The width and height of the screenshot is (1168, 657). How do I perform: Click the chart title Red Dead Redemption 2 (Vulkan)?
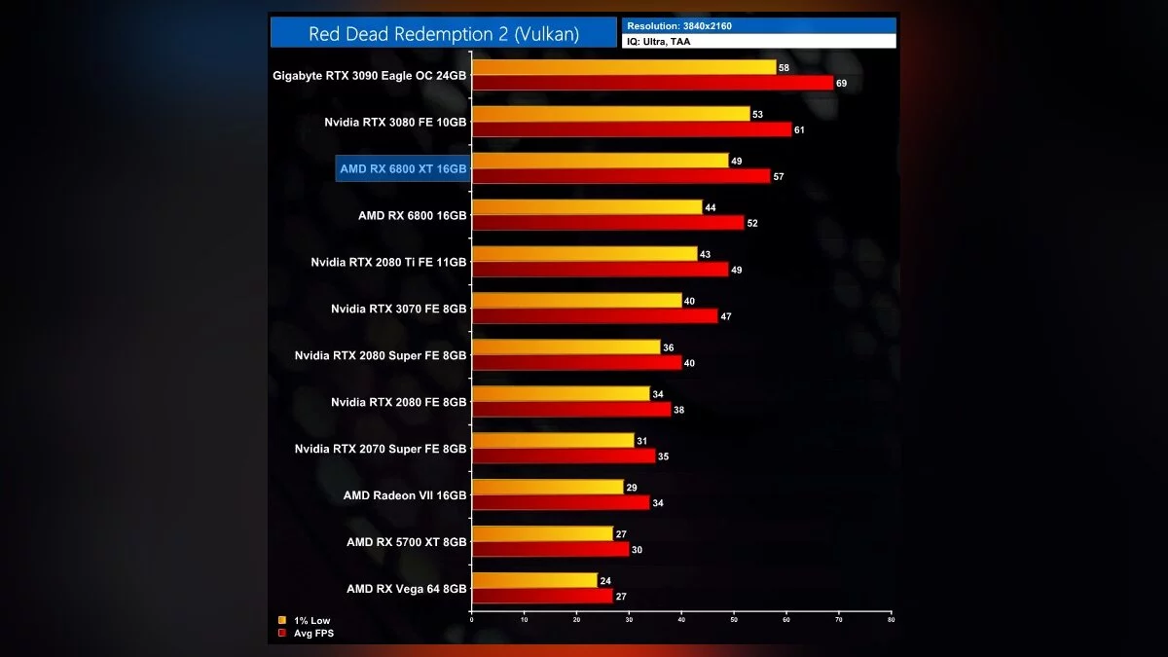pyautogui.click(x=444, y=34)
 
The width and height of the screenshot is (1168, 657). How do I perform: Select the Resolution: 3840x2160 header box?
pyautogui.click(x=758, y=25)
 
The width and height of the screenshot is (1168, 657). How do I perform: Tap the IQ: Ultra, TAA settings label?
pyautogui.click(x=758, y=41)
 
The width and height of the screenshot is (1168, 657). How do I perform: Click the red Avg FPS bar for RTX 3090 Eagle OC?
pyautogui.click(x=652, y=83)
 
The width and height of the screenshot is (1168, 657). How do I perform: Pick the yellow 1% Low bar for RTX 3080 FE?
pyautogui.click(x=610, y=114)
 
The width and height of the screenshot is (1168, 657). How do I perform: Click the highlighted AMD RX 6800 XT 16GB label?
pyautogui.click(x=403, y=168)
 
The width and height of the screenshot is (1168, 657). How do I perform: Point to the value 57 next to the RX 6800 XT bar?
pyautogui.click(x=779, y=177)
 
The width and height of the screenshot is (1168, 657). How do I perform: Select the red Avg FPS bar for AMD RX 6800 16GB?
pyautogui.click(x=607, y=223)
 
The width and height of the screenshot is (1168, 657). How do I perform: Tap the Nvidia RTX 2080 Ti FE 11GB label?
pyautogui.click(x=388, y=262)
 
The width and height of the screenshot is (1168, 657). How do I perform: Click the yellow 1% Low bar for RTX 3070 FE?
pyautogui.click(x=576, y=301)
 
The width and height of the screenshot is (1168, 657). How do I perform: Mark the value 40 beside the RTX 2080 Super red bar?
pyautogui.click(x=690, y=363)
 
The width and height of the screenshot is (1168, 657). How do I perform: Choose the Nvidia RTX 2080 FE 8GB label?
pyautogui.click(x=398, y=402)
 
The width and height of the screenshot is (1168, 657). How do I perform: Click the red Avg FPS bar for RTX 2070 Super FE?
pyautogui.click(x=564, y=456)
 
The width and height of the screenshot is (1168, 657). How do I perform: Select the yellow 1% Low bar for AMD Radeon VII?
pyautogui.click(x=547, y=487)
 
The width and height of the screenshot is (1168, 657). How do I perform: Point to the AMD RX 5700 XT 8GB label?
pyautogui.click(x=406, y=542)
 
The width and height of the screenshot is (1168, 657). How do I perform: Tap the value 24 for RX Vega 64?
pyautogui.click(x=605, y=581)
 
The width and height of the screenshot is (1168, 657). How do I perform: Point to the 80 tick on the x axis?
pyautogui.click(x=891, y=619)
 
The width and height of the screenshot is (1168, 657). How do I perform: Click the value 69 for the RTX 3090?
pyautogui.click(x=842, y=84)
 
